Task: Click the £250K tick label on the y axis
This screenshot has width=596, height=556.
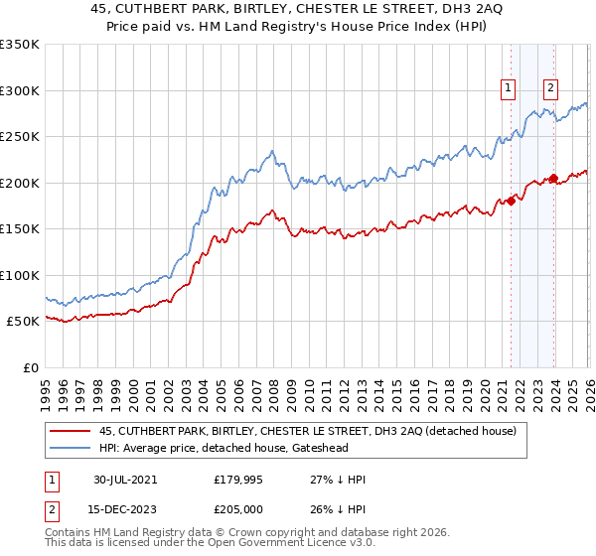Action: [20, 137]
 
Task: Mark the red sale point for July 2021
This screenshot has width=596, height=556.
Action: [512, 201]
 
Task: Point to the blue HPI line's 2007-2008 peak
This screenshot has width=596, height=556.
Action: [271, 152]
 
